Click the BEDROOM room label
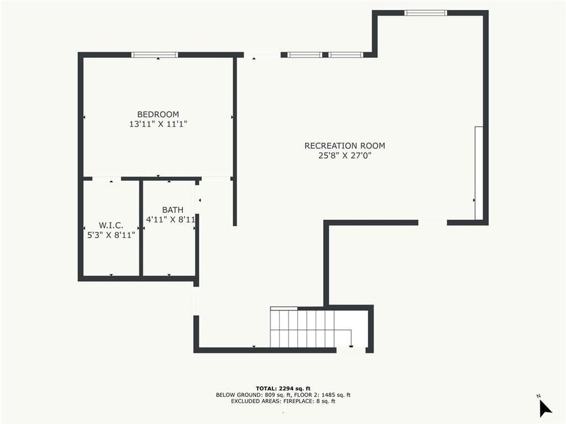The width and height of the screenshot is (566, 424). [158, 114]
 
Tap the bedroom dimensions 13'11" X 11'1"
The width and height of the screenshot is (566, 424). [158, 124]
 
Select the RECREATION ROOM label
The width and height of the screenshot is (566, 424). [345, 146]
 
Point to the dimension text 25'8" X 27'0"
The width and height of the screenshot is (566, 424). [345, 156]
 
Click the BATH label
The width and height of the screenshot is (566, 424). [172, 210]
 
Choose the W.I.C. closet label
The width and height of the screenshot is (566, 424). [111, 226]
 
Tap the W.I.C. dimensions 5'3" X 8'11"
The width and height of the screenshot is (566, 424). [111, 235]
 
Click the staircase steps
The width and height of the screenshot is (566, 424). [302, 328]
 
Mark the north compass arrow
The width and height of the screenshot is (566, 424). [545, 408]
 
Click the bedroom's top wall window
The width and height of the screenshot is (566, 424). [155, 55]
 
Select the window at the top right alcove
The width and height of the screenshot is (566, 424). [426, 13]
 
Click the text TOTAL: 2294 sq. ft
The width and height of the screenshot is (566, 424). [283, 388]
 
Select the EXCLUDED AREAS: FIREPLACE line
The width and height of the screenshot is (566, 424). [283, 401]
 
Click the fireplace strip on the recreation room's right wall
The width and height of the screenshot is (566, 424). [479, 173]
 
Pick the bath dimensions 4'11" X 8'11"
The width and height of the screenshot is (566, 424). [170, 220]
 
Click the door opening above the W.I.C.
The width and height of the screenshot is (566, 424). [106, 179]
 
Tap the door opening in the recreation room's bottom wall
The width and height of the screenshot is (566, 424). [433, 222]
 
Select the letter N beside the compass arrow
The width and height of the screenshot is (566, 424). [538, 396]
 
